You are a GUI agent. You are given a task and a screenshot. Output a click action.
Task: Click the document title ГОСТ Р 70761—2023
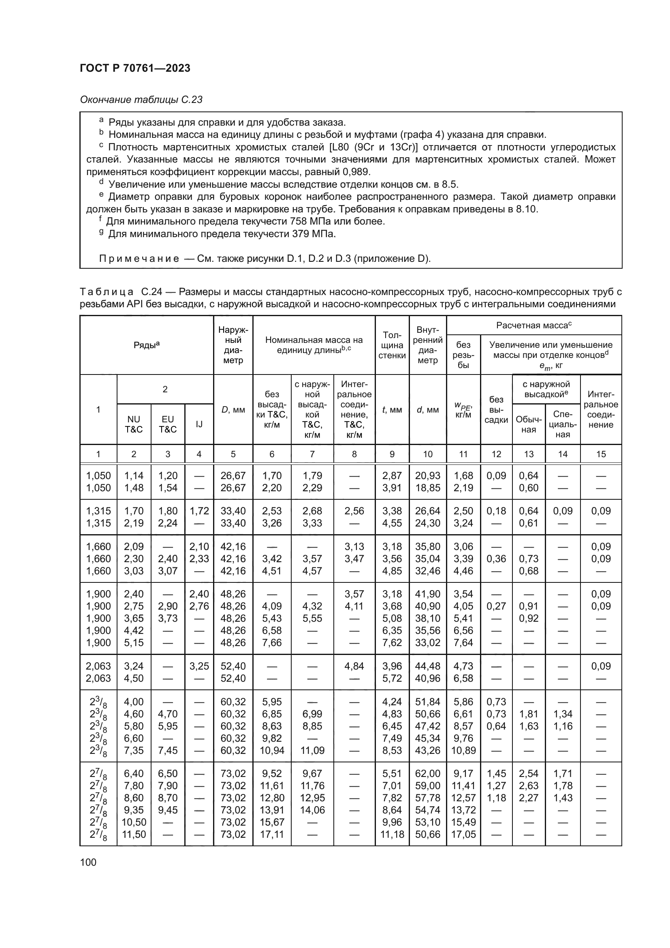click(x=135, y=68)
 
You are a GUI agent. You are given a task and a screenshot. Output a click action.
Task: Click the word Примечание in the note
click(x=139, y=259)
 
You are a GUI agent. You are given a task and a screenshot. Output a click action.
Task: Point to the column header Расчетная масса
click(x=533, y=325)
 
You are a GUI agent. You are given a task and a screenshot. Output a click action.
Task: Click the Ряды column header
click(x=147, y=345)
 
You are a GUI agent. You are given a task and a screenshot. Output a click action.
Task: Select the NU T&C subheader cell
click(x=134, y=424)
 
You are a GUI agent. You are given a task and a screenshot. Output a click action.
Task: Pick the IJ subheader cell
click(x=199, y=424)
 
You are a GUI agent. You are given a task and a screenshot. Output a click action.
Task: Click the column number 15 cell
click(x=601, y=454)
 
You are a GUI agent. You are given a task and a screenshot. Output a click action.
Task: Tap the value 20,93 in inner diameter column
click(x=427, y=476)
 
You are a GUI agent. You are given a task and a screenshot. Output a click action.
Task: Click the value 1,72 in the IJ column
click(x=199, y=511)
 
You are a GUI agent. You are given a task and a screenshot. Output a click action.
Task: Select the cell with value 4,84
click(x=354, y=666)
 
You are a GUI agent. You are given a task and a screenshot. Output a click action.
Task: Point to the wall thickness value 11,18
click(x=392, y=834)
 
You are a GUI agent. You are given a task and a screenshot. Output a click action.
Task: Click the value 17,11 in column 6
click(x=271, y=834)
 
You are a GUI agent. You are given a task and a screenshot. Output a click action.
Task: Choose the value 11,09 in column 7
click(x=312, y=750)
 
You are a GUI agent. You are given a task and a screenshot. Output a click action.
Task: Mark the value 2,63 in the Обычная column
click(x=529, y=786)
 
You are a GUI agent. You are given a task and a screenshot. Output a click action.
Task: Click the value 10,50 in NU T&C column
click(x=134, y=822)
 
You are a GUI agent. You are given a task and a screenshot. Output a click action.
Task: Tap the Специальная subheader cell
click(x=562, y=424)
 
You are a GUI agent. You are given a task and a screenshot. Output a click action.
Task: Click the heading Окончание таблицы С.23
click(x=141, y=100)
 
